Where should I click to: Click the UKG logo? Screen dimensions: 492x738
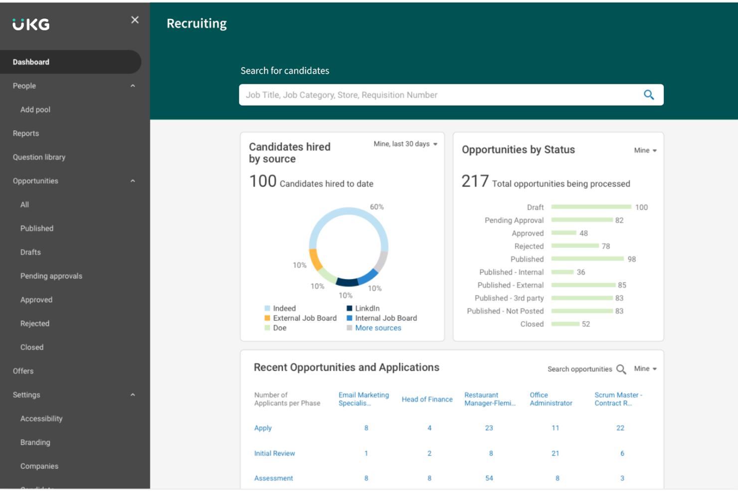(x=31, y=24)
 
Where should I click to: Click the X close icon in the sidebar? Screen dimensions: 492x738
(x=135, y=20)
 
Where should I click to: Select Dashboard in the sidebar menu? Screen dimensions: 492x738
(x=31, y=62)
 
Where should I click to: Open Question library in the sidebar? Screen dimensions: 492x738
(x=39, y=157)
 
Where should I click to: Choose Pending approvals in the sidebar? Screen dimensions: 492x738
(x=51, y=276)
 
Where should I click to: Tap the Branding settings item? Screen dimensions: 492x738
(x=35, y=442)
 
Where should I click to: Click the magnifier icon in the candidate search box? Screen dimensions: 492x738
(x=648, y=95)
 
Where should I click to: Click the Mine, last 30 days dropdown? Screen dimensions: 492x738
(x=405, y=144)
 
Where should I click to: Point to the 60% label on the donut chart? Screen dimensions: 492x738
(x=376, y=207)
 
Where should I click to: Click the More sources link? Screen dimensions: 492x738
(x=378, y=328)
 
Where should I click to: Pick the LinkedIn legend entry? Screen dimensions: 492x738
(x=367, y=309)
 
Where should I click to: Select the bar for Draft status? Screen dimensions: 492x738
(x=591, y=207)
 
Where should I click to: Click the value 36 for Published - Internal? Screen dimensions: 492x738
(x=581, y=272)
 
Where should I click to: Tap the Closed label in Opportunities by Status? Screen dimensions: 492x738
(x=532, y=324)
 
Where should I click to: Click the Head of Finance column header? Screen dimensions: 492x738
(x=427, y=399)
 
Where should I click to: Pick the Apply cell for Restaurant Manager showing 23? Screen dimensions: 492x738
(x=489, y=428)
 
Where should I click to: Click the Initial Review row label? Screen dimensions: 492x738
(x=274, y=453)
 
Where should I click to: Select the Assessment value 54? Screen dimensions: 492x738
(x=489, y=478)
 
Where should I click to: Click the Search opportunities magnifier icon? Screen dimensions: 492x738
(x=621, y=369)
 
